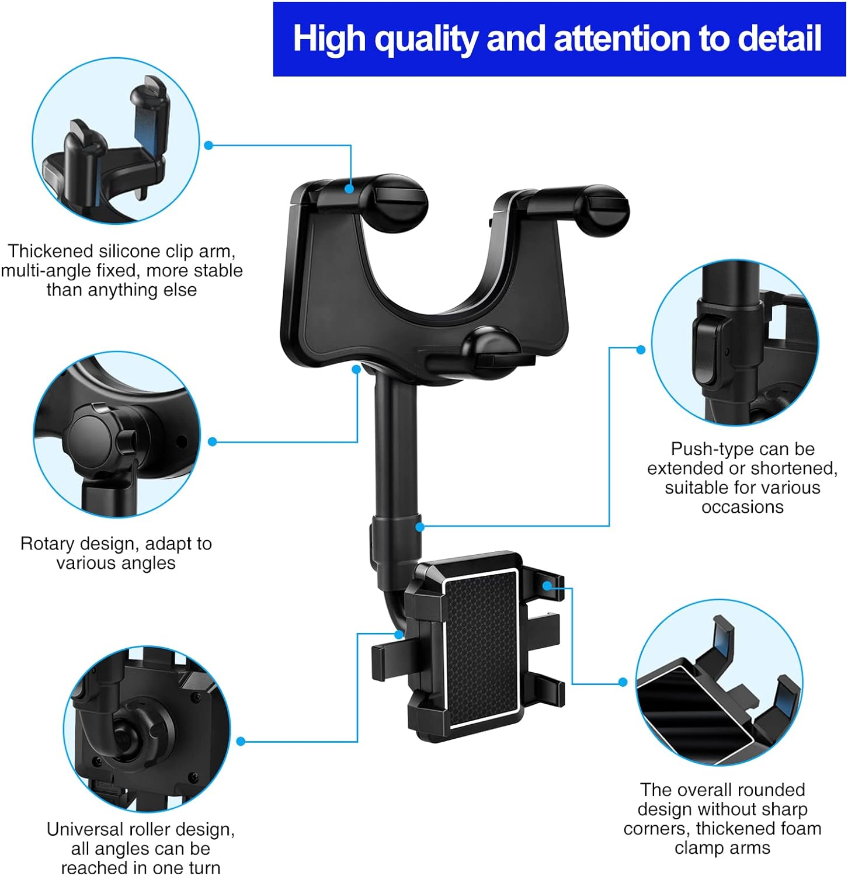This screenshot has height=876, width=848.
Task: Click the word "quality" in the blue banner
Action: [425, 39]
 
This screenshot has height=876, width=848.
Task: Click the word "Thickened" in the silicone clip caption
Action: [51, 251]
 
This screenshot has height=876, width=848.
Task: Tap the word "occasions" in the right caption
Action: [742, 507]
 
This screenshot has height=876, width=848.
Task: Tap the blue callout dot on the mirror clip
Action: [349, 189]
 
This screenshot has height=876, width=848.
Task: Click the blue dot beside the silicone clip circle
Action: [208, 145]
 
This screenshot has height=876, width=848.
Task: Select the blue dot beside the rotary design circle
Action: [213, 442]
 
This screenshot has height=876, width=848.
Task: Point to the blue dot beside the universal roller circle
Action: [241, 742]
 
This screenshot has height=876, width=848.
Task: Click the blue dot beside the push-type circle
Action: [641, 349]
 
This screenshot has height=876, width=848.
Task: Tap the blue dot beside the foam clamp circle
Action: [623, 682]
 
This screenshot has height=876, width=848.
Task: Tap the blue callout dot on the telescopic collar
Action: [419, 527]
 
